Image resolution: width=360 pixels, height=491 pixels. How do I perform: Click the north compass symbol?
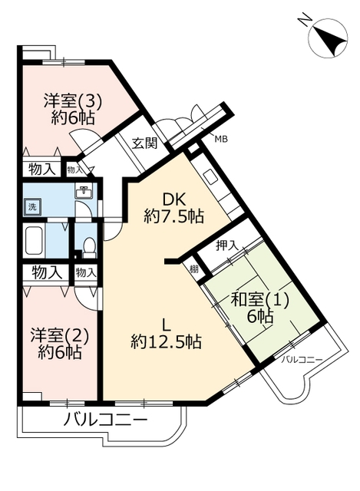coord(328,38)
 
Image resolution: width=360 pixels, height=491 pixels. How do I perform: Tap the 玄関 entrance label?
coord(144,143)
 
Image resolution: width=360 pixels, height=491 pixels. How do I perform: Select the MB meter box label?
coord(221,139)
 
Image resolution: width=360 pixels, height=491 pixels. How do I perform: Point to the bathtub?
coord(34,240)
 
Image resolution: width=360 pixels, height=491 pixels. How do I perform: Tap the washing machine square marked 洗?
coord(32,207)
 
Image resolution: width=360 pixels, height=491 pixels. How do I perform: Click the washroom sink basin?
coord(84,191)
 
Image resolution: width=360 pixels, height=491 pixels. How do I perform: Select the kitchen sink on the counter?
coord(210,177)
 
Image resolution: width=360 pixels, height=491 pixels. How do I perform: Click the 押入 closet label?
coord(227,246)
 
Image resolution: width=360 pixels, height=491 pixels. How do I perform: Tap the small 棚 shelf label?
coord(194,269)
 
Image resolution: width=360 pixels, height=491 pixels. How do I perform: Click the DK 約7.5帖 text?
coord(174,208)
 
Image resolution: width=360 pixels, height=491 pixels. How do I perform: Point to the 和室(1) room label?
coord(259,301)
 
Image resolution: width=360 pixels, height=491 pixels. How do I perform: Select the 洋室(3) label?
coord(73,101)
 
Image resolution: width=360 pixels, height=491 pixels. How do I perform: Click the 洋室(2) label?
coord(60,336)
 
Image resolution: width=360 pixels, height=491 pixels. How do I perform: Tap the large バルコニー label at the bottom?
coord(105,420)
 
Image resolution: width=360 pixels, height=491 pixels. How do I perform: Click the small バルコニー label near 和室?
coord(302,360)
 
